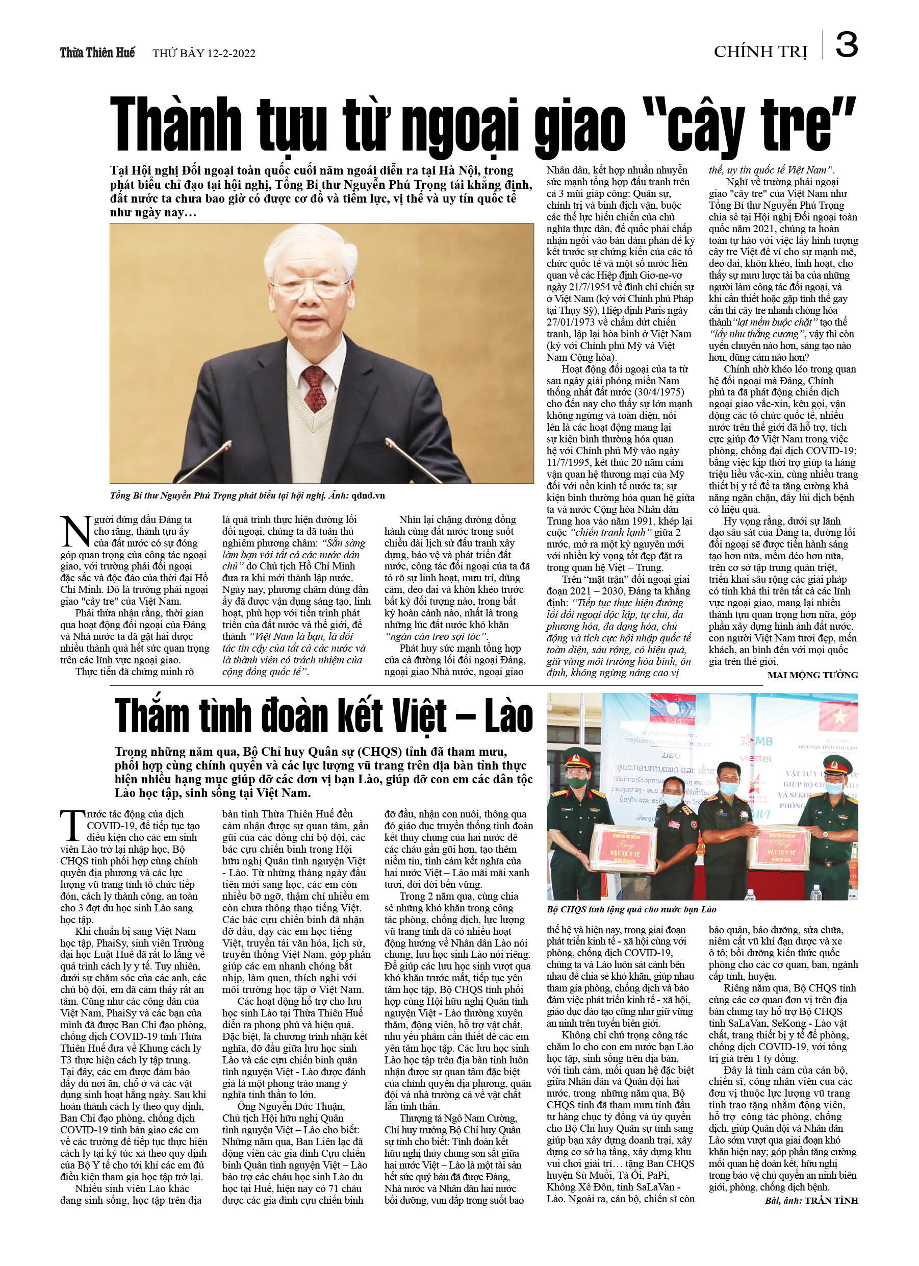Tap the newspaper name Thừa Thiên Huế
point(97,53)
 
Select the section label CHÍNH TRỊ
point(760,52)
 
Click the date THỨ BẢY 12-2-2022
point(203,54)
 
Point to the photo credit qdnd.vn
point(368,495)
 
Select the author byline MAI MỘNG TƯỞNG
point(812,675)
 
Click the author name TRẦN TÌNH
point(831,1200)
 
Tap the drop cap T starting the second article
point(72,826)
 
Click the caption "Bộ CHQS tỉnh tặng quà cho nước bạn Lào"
point(631,909)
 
